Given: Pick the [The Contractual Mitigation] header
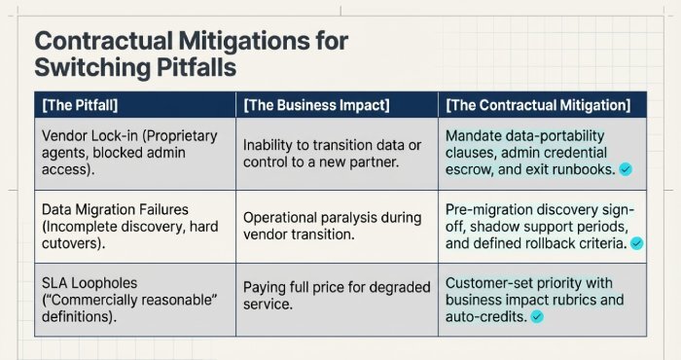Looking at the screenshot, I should pos(538,104).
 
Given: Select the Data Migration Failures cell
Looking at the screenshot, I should pos(132,226).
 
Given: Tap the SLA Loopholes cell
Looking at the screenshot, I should pos(132,299).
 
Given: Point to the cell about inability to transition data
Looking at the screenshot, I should pos(334,153).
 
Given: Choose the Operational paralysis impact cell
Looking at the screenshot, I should pos(334,226).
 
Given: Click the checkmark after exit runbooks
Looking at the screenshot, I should pos(626,169).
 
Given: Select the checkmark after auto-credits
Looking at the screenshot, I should pos(537,316).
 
